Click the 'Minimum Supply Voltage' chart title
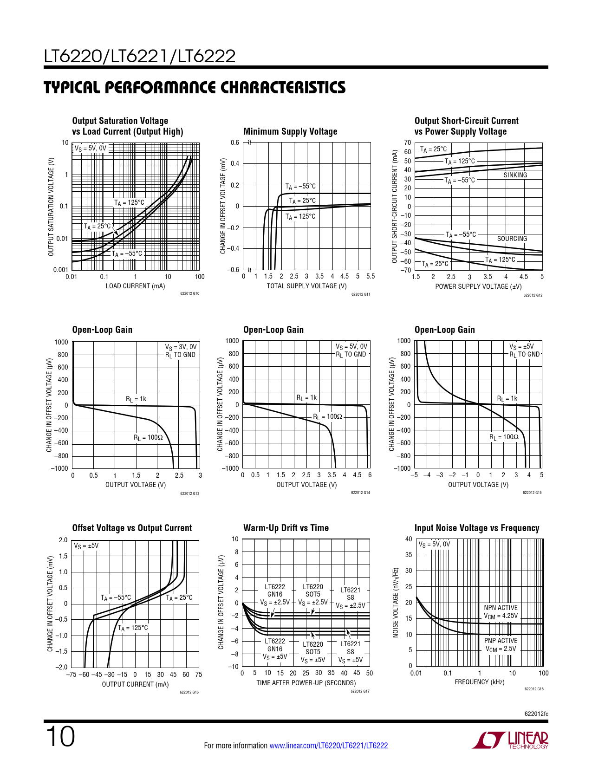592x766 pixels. pos(290,132)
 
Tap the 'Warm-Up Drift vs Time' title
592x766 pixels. pos(286,528)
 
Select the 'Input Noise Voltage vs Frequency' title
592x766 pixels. pos(477,528)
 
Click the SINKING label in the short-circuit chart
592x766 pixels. pos(515,175)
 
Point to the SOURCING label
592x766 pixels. pos(512,239)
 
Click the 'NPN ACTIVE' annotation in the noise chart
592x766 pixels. pos(501,608)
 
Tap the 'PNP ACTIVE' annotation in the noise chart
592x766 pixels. pos(501,641)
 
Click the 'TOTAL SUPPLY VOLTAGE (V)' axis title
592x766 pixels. pos(306,286)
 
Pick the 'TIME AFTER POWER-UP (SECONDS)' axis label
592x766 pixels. pos(306,683)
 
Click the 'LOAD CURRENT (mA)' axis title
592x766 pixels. pos(135,286)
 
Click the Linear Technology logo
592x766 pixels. pos(510,740)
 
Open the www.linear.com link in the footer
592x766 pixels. pos(328,746)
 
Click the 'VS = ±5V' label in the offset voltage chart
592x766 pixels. pos(86,546)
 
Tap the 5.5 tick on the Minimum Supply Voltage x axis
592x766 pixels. pos(370,276)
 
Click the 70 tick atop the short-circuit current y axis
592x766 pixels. pos(407,143)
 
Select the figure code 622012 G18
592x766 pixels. pos(534,689)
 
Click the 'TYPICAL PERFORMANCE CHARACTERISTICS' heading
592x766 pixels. pos(195,88)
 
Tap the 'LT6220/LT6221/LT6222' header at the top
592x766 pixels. pos(140,57)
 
